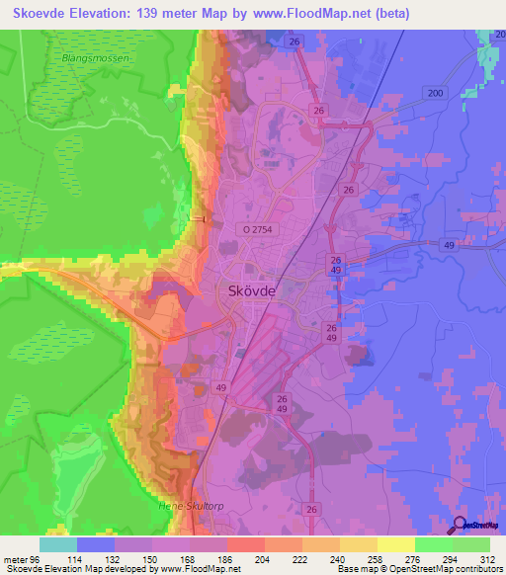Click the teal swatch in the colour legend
58,544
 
